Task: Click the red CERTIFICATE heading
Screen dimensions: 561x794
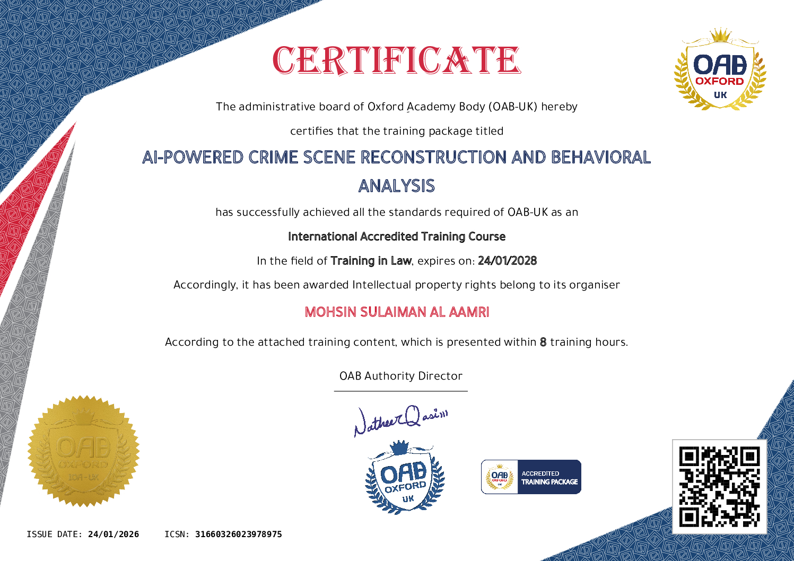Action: tap(396, 60)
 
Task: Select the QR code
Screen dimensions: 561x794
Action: tap(719, 486)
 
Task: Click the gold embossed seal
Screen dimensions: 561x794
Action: tap(83, 451)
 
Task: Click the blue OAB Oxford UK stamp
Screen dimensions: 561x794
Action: tap(405, 477)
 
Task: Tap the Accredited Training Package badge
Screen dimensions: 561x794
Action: tap(531, 477)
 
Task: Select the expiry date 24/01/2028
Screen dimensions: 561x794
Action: tap(507, 261)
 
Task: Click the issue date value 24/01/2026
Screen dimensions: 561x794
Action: tap(114, 534)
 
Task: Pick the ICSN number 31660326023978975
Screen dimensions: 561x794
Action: tap(239, 534)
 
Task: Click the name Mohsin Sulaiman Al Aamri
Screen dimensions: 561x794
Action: tap(397, 312)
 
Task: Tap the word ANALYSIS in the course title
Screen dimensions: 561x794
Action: tap(396, 186)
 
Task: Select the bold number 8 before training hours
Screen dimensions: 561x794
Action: tap(543, 342)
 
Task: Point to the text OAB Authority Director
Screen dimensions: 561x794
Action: tap(401, 376)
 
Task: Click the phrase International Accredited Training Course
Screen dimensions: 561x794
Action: tap(397, 236)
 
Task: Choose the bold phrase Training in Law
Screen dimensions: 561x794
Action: tap(371, 261)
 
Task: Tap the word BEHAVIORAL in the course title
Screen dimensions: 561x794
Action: tap(600, 157)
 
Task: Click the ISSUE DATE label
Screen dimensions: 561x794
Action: tap(54, 534)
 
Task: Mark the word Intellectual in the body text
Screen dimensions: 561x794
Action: tap(382, 285)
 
